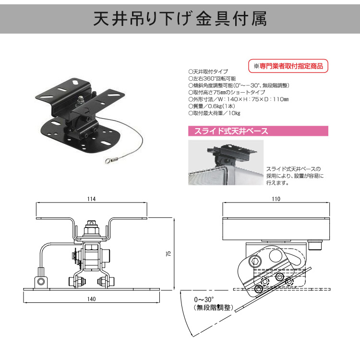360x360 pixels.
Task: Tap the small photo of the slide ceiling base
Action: pyautogui.click(x=225, y=162)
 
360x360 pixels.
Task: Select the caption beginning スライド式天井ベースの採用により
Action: pyautogui.click(x=295, y=175)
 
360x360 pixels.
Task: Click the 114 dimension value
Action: pyautogui.click(x=91, y=198)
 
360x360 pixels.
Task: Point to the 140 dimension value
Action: pyautogui.click(x=91, y=299)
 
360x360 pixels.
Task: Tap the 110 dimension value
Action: pyautogui.click(x=275, y=198)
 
